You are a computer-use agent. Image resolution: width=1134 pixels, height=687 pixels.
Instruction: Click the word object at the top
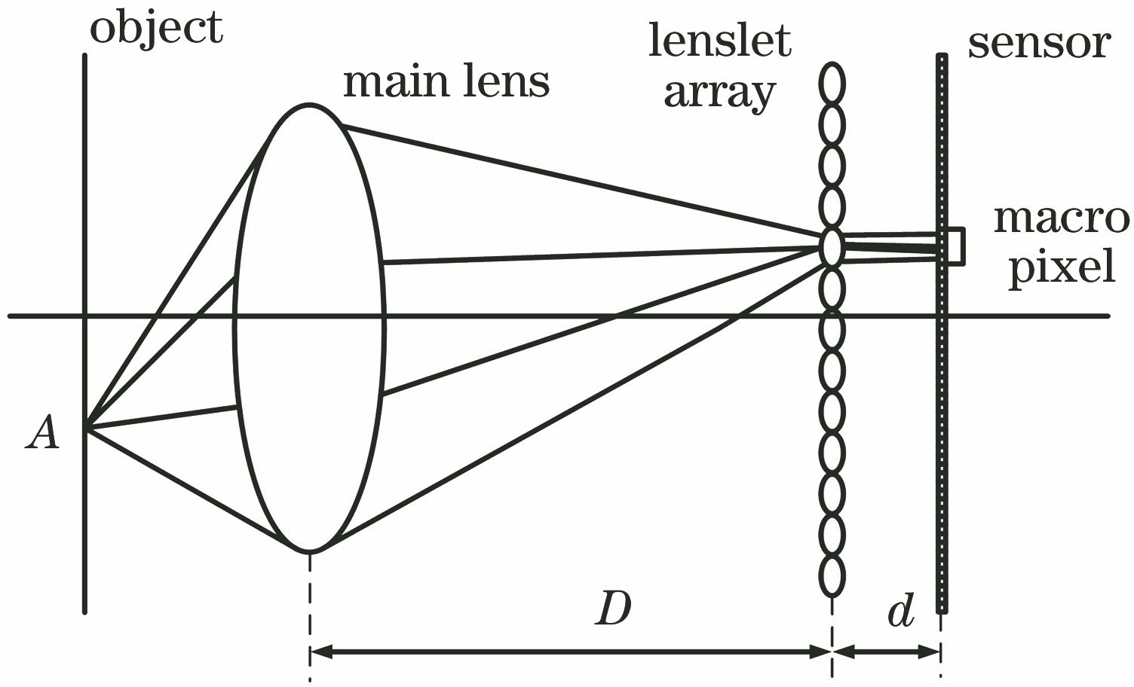tap(156, 28)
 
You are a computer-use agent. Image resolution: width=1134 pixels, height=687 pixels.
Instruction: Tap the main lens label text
tap(446, 81)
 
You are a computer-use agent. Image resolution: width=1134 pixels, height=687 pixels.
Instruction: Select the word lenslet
tap(720, 41)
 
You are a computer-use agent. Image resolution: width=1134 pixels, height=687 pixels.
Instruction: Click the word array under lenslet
tap(719, 93)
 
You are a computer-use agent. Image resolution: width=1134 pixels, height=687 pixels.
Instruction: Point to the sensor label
tap(1039, 43)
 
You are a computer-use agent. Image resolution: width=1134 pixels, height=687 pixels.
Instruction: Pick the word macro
tap(1061, 218)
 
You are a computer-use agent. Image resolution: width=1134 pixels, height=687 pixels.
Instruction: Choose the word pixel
tap(1062, 267)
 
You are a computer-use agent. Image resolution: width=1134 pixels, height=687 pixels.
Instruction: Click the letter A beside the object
tap(42, 435)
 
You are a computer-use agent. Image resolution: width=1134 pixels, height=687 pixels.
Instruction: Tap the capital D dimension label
tap(613, 609)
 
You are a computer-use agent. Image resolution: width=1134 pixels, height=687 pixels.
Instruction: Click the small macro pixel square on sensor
tap(954, 246)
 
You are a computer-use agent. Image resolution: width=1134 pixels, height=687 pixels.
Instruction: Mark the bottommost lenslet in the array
tap(832, 576)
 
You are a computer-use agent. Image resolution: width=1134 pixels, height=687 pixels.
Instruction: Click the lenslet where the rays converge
tap(831, 247)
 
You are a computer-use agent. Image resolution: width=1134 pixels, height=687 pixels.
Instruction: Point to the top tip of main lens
tap(309, 105)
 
